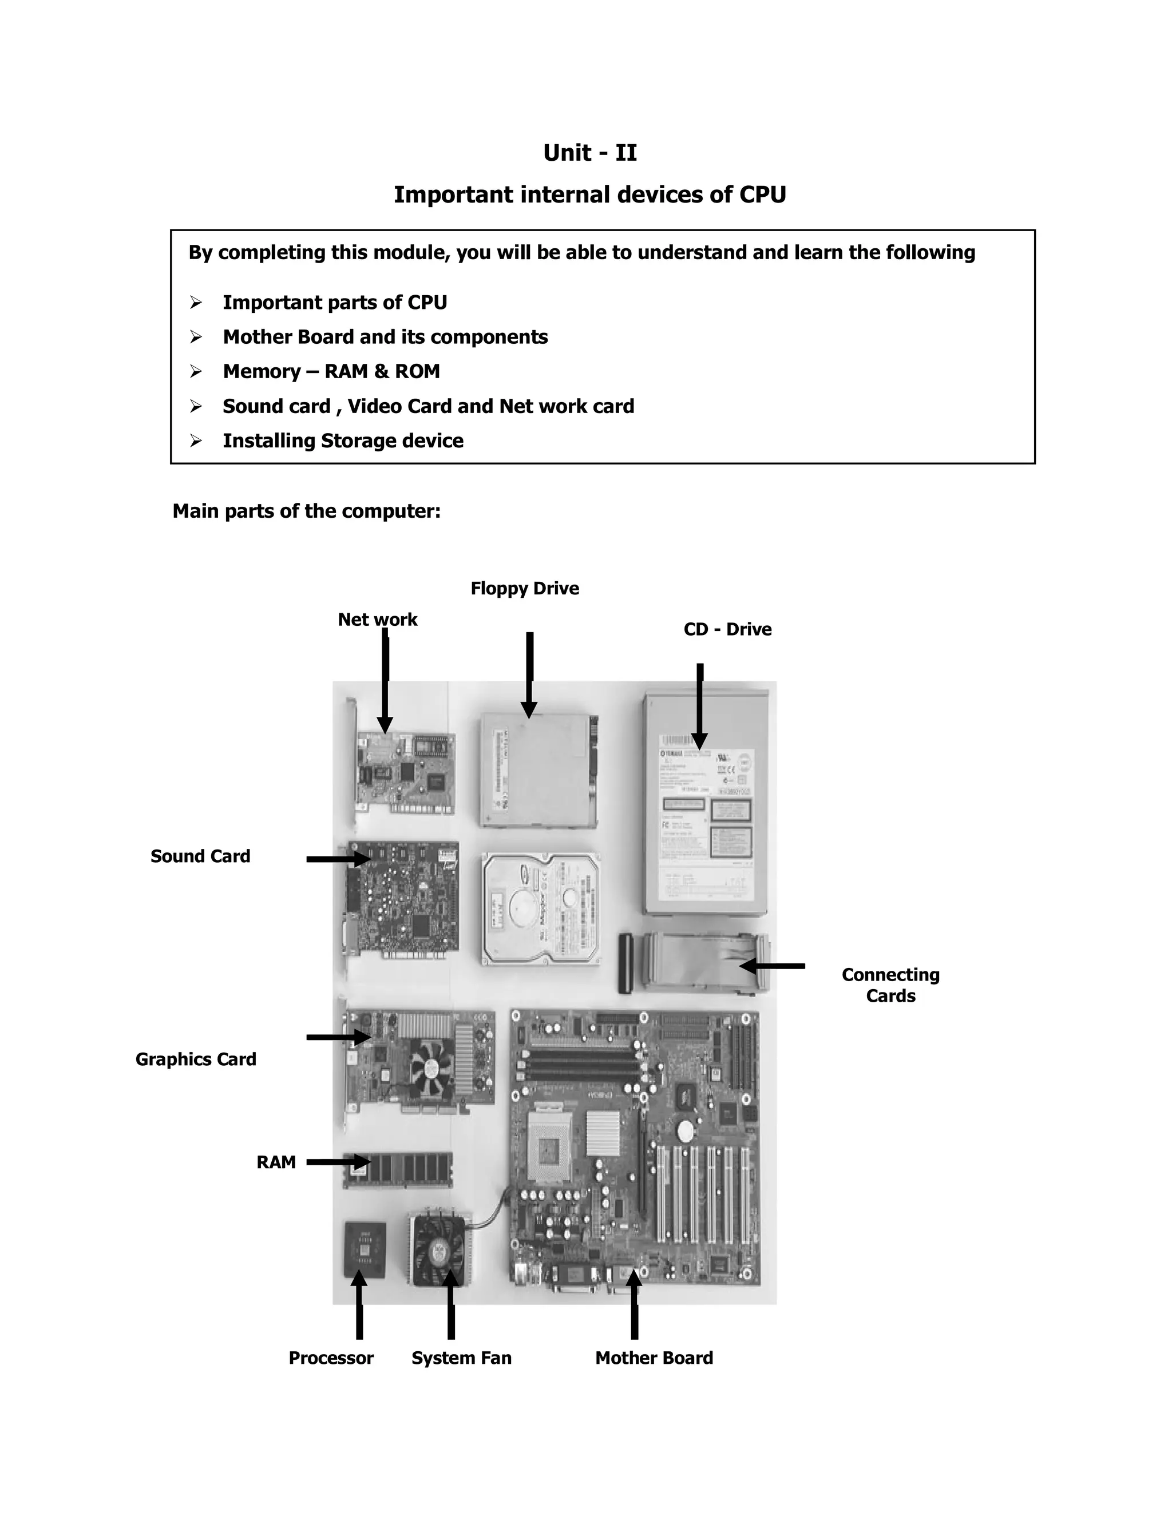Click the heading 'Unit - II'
589,153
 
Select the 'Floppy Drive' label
524,589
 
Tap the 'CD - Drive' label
727,630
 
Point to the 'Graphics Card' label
196,1059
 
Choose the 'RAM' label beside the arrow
276,1162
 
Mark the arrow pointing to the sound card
339,859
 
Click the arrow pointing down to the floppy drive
529,673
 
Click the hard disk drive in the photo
540,908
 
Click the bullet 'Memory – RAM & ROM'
331,372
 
